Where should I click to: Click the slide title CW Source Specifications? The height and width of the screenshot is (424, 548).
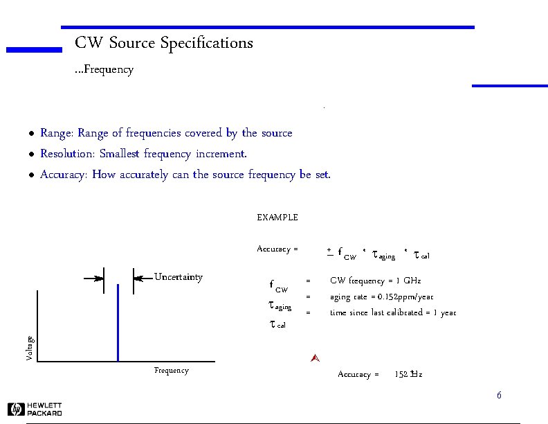164,43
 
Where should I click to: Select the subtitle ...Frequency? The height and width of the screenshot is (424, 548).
104,70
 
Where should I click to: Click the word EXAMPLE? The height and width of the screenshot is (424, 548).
277,218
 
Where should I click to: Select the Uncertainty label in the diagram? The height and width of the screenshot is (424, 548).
179,278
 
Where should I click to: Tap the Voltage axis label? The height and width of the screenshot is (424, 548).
29,348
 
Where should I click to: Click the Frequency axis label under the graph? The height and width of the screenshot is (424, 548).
172,371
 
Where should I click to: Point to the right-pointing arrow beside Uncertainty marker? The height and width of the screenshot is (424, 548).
93,279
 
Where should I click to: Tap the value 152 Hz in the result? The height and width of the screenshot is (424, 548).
408,375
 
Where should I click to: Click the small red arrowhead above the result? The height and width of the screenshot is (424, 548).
314,358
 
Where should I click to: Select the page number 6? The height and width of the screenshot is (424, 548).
498,396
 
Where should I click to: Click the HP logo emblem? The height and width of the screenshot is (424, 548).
17,409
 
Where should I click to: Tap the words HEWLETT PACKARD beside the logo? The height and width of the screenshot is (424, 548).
45,409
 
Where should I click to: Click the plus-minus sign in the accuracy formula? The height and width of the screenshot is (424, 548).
330,253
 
